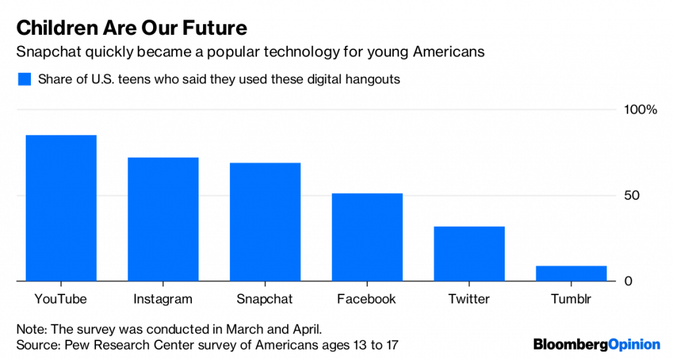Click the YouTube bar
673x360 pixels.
click(60, 208)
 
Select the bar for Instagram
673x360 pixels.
click(162, 219)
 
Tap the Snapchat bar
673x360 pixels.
click(264, 222)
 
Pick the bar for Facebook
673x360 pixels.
click(366, 237)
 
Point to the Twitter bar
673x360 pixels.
click(469, 254)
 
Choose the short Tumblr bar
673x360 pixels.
click(570, 274)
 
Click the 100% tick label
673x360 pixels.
click(639, 110)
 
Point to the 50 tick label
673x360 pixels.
click(632, 196)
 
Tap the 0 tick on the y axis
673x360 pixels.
click(628, 281)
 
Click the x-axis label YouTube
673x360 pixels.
click(60, 300)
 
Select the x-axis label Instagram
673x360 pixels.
click(162, 300)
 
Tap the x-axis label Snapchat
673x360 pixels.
click(264, 300)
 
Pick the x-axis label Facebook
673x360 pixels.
click(366, 300)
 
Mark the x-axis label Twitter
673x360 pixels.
click(469, 300)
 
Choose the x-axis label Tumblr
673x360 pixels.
click(570, 300)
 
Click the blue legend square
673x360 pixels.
click(24, 79)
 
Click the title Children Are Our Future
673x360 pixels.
click(131, 28)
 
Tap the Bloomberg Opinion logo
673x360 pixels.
click(596, 344)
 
